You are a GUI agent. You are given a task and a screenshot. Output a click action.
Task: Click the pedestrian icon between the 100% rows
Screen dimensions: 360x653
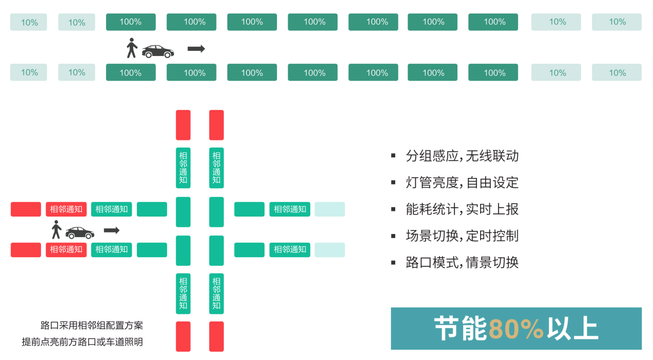click(132, 48)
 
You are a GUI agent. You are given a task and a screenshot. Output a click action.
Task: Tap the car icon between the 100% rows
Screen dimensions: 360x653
click(158, 51)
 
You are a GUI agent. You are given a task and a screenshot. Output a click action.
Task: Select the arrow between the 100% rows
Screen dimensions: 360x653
click(196, 49)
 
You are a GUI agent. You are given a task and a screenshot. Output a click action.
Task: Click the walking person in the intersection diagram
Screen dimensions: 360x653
click(56, 230)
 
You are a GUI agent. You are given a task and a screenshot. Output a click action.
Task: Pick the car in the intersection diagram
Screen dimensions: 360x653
click(80, 232)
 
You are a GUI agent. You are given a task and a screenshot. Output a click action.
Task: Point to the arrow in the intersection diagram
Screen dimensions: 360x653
click(112, 230)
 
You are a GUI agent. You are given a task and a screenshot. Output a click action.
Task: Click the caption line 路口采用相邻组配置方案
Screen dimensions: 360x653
click(92, 326)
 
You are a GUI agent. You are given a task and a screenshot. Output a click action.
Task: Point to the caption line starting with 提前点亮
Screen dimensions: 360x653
click(82, 342)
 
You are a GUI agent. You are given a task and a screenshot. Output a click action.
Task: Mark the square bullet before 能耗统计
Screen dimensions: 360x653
click(394, 209)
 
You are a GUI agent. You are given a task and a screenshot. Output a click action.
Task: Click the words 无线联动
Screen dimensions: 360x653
click(492, 156)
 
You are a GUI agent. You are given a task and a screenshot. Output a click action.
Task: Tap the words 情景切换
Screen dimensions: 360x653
click(492, 263)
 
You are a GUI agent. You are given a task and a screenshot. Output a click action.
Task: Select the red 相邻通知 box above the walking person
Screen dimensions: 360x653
click(66, 209)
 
